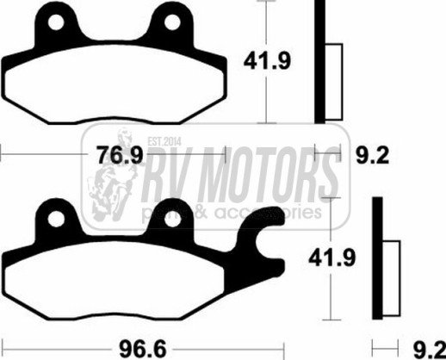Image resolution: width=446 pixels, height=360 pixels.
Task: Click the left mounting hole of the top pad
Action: point(56,22)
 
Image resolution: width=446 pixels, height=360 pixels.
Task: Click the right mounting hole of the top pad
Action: point(172,22)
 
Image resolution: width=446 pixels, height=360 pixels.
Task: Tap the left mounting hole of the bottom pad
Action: point(56,220)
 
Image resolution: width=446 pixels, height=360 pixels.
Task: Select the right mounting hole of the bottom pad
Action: point(173,220)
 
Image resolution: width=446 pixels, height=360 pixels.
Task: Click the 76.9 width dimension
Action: point(120,155)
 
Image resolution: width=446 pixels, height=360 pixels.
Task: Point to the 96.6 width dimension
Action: point(143,349)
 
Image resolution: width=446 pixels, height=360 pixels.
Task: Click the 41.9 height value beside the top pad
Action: point(267,60)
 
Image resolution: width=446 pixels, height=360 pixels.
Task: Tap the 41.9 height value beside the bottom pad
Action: point(332,258)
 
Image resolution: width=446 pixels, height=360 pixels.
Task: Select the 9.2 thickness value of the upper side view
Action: point(373,155)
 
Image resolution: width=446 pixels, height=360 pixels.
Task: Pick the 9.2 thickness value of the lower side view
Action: point(430,350)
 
